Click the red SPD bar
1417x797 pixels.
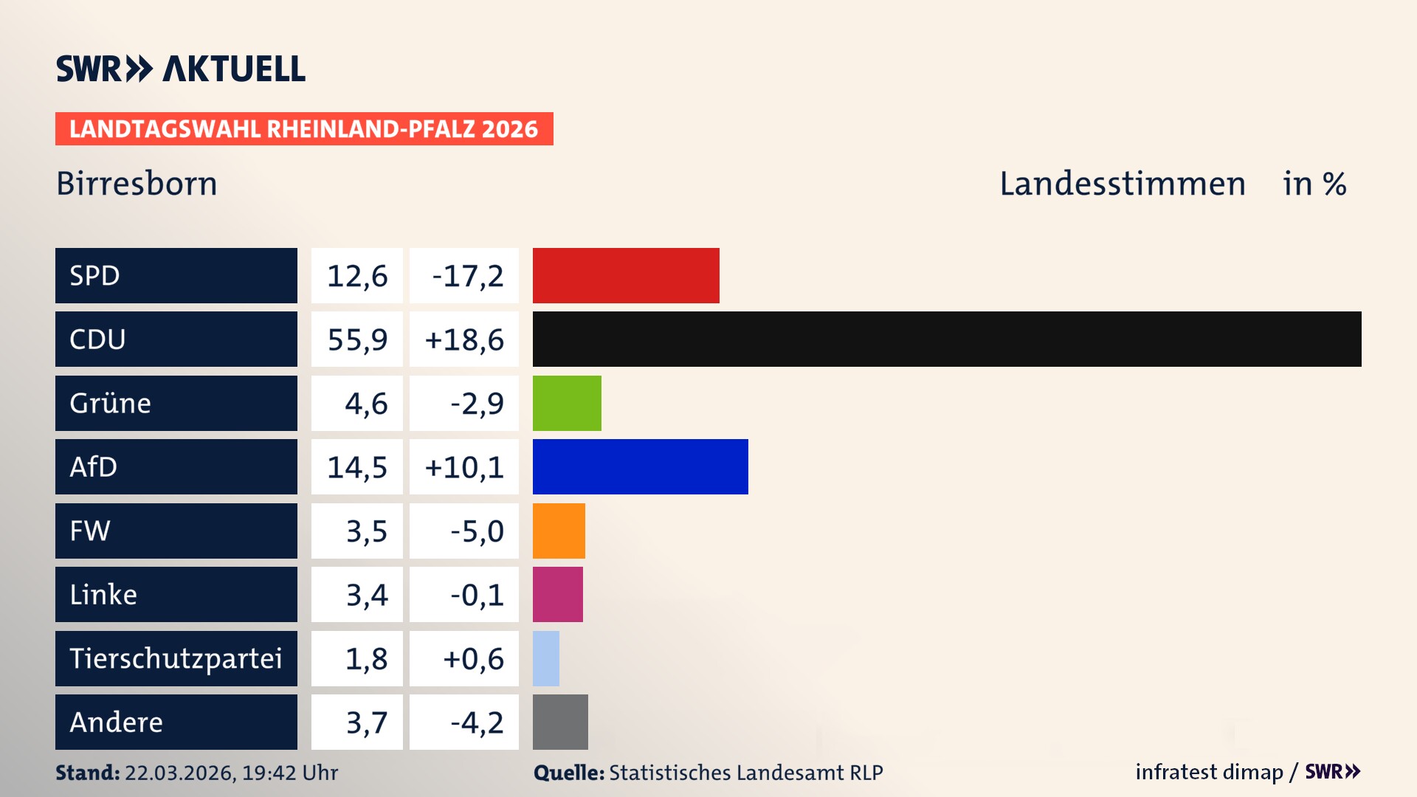(x=626, y=275)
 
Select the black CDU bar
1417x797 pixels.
(x=947, y=339)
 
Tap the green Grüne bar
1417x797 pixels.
(x=567, y=403)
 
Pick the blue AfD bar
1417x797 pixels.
(x=640, y=466)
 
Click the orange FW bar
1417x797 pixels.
(x=559, y=531)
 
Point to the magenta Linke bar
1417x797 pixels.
(x=557, y=594)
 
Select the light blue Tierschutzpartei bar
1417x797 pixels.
(x=546, y=658)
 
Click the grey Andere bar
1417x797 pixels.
(x=560, y=722)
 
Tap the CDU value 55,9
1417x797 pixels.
(x=357, y=339)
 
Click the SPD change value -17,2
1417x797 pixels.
(x=467, y=276)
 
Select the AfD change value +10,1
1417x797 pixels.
(x=464, y=467)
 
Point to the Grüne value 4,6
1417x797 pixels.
(x=366, y=404)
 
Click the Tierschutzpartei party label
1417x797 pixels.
(x=176, y=658)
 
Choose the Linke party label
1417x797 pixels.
(x=103, y=594)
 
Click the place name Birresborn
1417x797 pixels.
(x=137, y=184)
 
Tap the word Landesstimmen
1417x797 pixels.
(x=1122, y=184)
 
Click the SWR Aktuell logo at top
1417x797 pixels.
(x=181, y=69)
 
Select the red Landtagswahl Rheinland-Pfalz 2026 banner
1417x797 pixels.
(x=304, y=129)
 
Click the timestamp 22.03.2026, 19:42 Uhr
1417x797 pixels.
(x=231, y=773)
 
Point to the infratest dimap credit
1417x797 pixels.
(x=1208, y=772)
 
